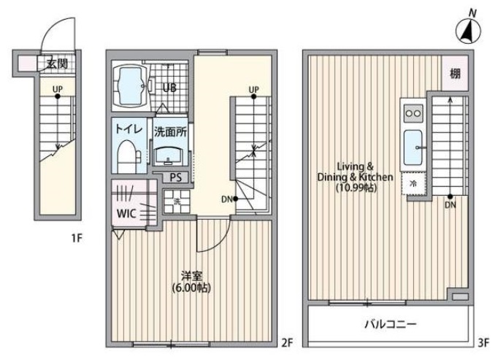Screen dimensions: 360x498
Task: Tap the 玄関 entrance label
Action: click(57, 64)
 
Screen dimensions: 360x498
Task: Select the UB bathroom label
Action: click(169, 88)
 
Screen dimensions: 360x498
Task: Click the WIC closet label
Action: click(127, 215)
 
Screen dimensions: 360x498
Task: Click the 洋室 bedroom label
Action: click(191, 276)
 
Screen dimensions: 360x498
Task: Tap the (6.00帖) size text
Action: click(191, 288)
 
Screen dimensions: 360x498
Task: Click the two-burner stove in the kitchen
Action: click(413, 114)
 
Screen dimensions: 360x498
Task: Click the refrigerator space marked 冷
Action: click(413, 183)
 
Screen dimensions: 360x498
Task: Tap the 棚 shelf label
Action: click(455, 73)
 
